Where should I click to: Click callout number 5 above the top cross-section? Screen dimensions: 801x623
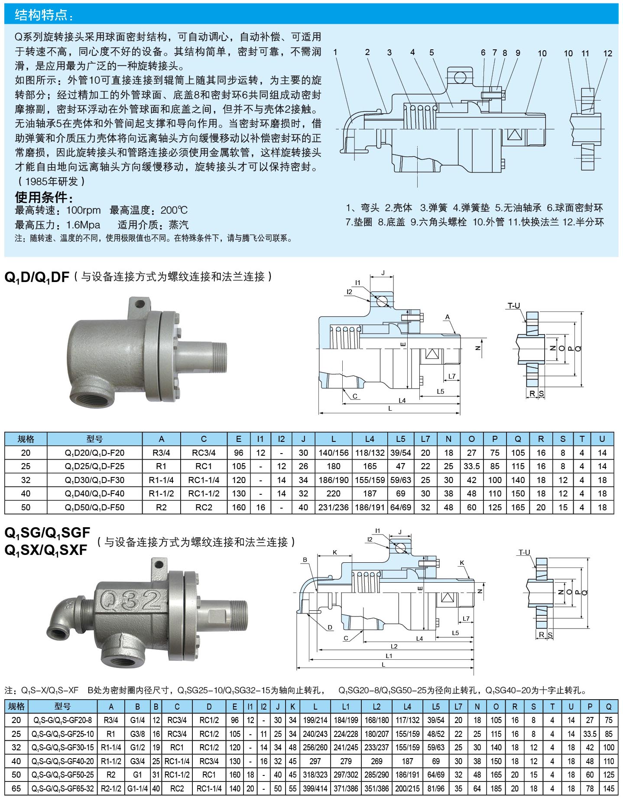pos(432,52)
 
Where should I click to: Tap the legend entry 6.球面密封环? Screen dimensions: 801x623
pos(575,208)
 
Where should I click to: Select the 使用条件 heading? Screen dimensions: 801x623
pos(44,198)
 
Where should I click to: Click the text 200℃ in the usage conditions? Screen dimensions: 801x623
pos(174,211)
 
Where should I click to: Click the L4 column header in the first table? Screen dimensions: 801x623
pos(370,439)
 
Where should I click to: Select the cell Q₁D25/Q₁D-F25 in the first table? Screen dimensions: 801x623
pos(94,466)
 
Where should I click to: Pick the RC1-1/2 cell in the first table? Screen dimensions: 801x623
pos(204,493)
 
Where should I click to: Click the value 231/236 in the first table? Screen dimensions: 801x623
pos(333,507)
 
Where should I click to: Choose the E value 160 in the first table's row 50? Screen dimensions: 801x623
pos(238,507)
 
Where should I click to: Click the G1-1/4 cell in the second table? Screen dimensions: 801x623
pos(137,788)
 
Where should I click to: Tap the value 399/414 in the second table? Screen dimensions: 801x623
pos(315,788)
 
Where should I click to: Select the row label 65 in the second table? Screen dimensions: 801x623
pos(16,788)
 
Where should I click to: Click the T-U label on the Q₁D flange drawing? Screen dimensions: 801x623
pos(513,306)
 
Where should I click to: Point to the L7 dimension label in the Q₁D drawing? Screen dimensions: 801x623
pos(452,376)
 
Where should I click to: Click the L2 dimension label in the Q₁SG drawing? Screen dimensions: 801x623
pos(394,646)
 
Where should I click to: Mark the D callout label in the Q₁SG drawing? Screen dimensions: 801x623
pos(330,627)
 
